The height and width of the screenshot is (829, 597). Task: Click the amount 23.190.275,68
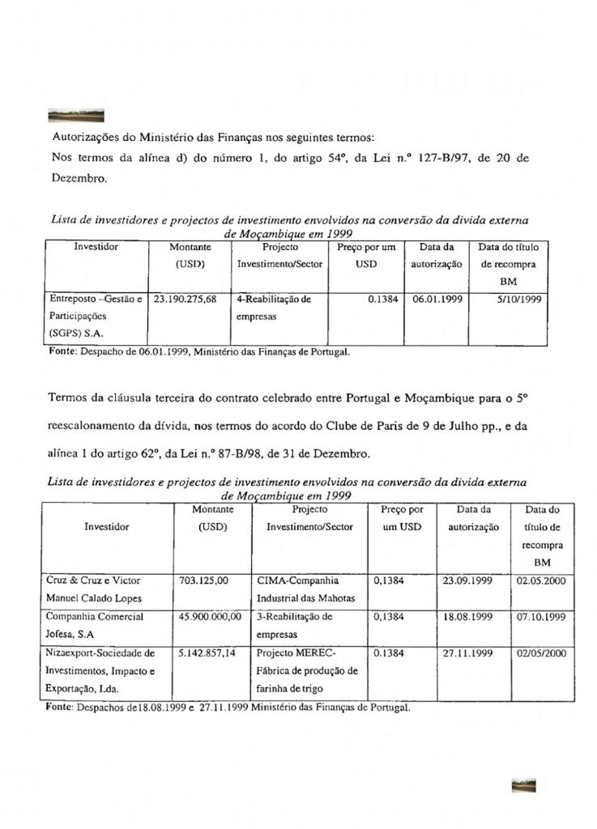pyautogui.click(x=185, y=299)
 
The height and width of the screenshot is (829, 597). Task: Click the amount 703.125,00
pyautogui.click(x=201, y=580)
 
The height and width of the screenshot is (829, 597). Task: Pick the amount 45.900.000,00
pyautogui.click(x=209, y=617)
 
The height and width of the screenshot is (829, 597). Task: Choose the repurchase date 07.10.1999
pyautogui.click(x=539, y=617)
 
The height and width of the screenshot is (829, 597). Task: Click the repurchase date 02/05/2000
pyautogui.click(x=539, y=653)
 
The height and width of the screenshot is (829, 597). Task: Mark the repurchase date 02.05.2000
pyautogui.click(x=539, y=580)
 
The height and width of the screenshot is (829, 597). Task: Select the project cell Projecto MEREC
pyautogui.click(x=304, y=670)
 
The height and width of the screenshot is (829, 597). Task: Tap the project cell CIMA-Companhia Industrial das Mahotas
pyautogui.click(x=301, y=589)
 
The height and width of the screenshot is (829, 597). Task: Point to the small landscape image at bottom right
pyautogui.click(x=523, y=785)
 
